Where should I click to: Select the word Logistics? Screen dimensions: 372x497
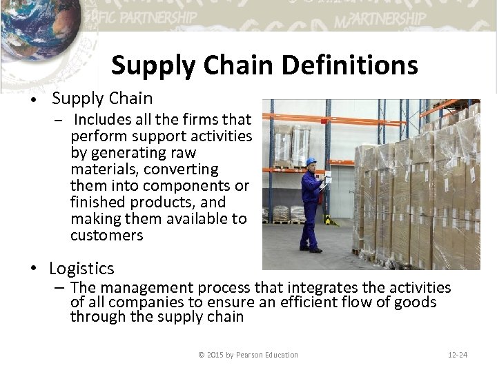pos(82,268)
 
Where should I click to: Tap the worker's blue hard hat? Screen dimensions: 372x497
pos(311,162)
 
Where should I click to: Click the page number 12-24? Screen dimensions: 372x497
pos(457,355)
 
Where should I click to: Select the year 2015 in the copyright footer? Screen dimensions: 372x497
pos(215,355)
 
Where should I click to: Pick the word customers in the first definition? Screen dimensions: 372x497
pos(107,236)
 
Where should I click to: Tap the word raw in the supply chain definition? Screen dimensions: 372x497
pos(184,153)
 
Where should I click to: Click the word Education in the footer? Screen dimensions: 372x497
pos(282,355)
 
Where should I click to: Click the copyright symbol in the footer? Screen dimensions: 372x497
pos(201,355)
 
